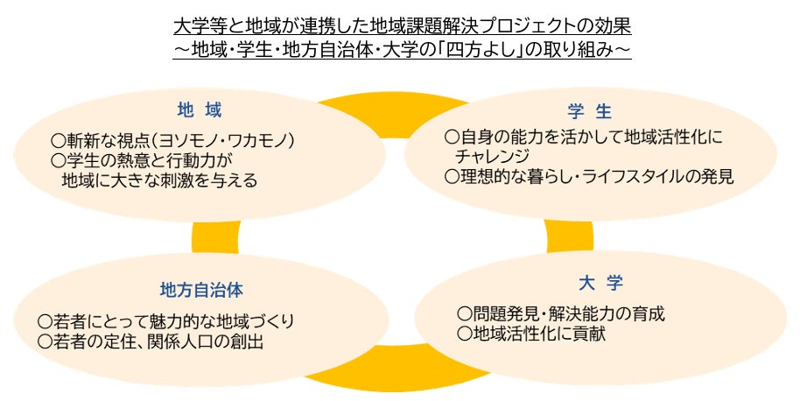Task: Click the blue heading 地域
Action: point(200,110)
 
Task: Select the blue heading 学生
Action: point(589,111)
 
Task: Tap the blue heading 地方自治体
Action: point(201,291)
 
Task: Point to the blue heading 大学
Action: point(600,283)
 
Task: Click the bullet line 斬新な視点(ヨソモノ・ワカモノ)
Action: point(173,140)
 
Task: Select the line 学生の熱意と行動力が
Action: point(142,161)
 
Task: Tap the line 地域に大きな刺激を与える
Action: point(159,180)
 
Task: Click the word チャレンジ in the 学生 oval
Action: point(492,156)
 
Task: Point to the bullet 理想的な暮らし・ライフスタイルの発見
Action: point(589,177)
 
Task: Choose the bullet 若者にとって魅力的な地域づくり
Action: point(166,321)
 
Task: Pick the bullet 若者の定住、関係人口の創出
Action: point(151,341)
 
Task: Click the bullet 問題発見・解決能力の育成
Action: point(561,313)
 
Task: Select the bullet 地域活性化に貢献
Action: point(531,334)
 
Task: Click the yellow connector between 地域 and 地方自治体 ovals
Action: point(215,237)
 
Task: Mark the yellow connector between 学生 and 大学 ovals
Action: point(570,236)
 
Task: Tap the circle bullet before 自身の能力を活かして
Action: point(452,137)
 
